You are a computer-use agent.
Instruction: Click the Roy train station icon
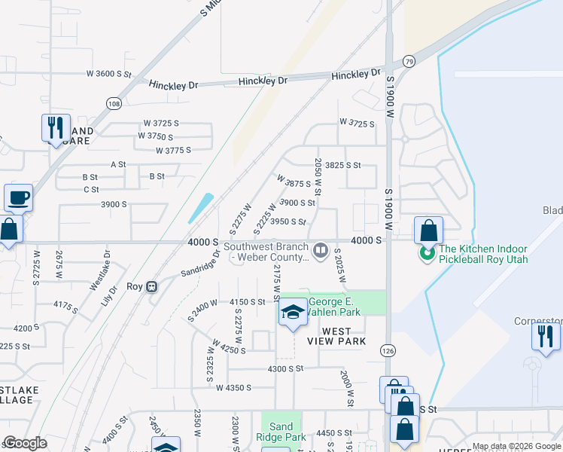(152, 286)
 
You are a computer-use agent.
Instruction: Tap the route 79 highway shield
(409, 61)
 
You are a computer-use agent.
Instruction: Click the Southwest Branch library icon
(321, 249)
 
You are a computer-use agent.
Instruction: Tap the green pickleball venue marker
(428, 254)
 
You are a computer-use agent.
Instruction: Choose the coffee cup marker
(19, 199)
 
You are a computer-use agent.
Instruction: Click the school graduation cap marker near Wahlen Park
(293, 313)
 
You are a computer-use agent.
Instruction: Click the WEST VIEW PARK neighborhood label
(336, 336)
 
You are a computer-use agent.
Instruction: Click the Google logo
(26, 442)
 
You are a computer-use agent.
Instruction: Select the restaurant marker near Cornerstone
(546, 335)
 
